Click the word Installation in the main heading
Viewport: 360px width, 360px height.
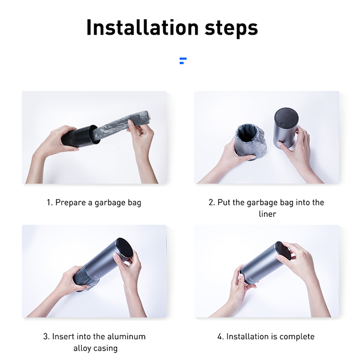(x=142, y=27)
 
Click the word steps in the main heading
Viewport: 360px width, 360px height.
(x=231, y=28)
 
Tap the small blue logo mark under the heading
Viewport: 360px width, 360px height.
(x=183, y=61)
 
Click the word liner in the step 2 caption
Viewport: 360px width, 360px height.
(x=267, y=214)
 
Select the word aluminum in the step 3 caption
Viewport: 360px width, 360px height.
(x=126, y=337)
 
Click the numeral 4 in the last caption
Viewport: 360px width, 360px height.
(x=220, y=337)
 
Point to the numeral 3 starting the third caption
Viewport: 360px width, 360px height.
(x=46, y=337)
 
